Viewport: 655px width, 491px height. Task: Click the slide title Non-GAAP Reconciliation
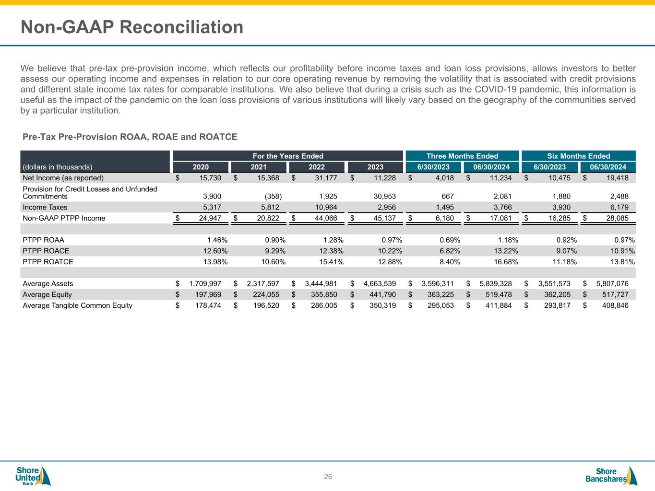coord(132,27)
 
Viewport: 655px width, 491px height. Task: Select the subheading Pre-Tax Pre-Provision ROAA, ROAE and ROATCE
coord(130,137)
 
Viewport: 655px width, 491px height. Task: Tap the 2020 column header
coord(201,167)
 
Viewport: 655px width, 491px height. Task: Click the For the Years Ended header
coord(288,156)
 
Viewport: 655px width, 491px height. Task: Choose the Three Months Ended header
coord(462,156)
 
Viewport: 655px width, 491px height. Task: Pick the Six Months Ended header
coord(578,156)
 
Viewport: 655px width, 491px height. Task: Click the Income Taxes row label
coord(45,207)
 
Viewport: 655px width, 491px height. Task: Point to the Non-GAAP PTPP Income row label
coord(64,218)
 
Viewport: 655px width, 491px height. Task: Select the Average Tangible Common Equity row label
coord(77,305)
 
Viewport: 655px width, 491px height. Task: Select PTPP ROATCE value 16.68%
coord(505,262)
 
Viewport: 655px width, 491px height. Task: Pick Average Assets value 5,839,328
coord(496,284)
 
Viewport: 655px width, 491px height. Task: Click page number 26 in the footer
coord(328,477)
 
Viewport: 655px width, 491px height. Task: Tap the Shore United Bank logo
coord(33,476)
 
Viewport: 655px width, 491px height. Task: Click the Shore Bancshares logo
coord(611,476)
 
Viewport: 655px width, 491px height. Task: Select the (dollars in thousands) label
coord(58,167)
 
